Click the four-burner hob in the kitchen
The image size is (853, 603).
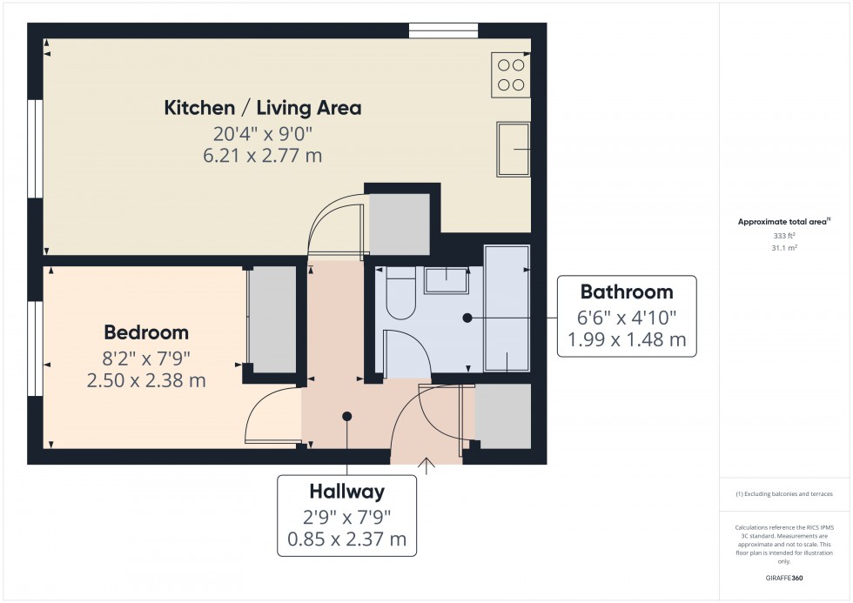pyautogui.click(x=511, y=73)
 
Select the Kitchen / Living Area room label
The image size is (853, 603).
pyautogui.click(x=263, y=108)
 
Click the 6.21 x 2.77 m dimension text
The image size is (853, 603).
pyautogui.click(x=263, y=156)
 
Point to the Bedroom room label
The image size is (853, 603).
pyautogui.click(x=146, y=332)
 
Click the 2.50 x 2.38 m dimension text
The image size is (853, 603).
pyautogui.click(x=146, y=380)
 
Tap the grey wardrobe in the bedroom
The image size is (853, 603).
pyautogui.click(x=272, y=318)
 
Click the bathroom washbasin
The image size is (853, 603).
pyautogui.click(x=447, y=278)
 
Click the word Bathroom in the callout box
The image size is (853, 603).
pyautogui.click(x=627, y=292)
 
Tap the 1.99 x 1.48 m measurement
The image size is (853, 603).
pyautogui.click(x=627, y=340)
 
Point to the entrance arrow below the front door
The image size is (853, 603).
pyautogui.click(x=426, y=466)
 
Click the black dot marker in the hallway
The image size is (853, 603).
pyautogui.click(x=347, y=416)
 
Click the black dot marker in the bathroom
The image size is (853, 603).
pyautogui.click(x=467, y=318)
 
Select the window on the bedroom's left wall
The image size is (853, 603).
pyautogui.click(x=35, y=348)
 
